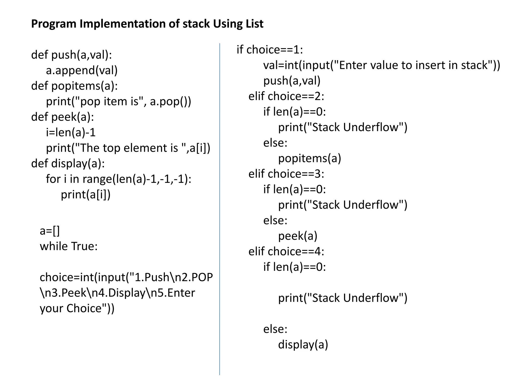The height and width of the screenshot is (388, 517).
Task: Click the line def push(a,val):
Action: pyautogui.click(x=71, y=55)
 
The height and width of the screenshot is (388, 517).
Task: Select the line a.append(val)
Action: pyautogui.click(x=82, y=70)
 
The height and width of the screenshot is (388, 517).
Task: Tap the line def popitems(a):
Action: pyautogui.click(x=74, y=86)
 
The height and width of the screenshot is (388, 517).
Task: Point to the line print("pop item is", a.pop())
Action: pyautogui.click(x=119, y=102)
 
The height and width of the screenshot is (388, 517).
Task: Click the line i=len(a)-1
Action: pyautogui.click(x=71, y=133)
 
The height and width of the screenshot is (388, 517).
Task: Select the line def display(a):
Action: pyautogui.click(x=68, y=164)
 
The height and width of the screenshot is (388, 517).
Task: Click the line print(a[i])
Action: pyautogui.click(x=86, y=195)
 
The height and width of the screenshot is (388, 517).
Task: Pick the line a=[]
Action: pyautogui.click(x=50, y=231)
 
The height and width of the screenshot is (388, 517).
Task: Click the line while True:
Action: pyautogui.click(x=69, y=246)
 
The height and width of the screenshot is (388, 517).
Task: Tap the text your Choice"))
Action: pyautogui.click(x=77, y=308)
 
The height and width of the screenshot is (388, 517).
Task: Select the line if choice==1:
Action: pyautogui.click(x=270, y=50)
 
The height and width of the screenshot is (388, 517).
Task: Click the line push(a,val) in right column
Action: pyautogui.click(x=292, y=81)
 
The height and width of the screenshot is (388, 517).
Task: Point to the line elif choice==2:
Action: pyautogui.click(x=286, y=96)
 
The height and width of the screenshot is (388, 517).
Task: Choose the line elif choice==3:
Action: pyautogui.click(x=286, y=174)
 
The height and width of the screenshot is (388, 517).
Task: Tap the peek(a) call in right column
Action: pyautogui.click(x=298, y=236)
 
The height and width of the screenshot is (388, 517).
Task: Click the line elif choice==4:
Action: pyautogui.click(x=286, y=252)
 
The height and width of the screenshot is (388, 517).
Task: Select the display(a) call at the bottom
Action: pyautogui.click(x=303, y=345)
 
